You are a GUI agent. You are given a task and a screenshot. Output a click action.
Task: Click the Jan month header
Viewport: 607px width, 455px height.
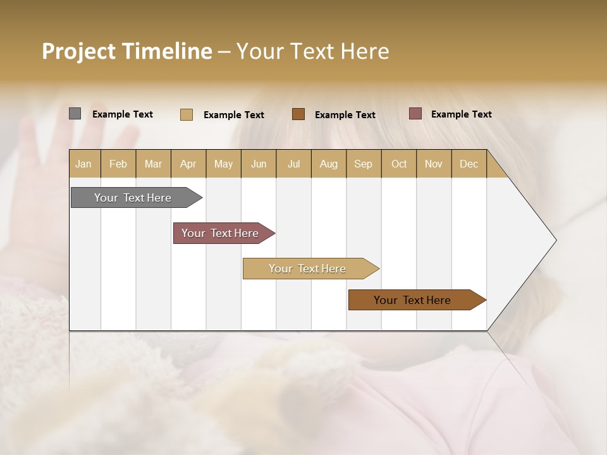84,164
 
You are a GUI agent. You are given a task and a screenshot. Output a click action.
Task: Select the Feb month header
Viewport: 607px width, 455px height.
118,164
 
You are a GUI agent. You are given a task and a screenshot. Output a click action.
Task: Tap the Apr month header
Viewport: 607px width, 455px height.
188,164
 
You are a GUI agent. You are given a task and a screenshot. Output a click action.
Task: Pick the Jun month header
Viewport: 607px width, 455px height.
259,164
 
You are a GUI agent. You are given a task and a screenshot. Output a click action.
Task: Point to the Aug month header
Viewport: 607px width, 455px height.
329,164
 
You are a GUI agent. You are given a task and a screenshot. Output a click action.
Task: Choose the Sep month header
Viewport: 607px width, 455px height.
364,164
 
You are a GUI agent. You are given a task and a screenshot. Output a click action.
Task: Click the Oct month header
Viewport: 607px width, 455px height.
399,164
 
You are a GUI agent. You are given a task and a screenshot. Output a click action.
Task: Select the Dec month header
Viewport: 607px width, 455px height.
469,164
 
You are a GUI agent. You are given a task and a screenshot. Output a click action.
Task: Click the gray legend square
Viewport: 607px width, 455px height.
75,114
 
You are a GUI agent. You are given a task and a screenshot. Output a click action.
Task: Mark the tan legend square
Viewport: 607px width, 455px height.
187,114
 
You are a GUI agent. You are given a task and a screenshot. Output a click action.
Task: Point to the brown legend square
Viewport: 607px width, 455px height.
298,114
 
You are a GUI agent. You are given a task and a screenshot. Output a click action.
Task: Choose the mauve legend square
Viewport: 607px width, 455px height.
415,114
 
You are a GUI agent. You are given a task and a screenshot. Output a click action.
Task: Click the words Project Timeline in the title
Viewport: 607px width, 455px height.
127,51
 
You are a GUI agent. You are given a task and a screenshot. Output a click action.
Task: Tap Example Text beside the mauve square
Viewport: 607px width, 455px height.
461,114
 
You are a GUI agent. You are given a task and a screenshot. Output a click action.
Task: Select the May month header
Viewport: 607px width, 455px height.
223,164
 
